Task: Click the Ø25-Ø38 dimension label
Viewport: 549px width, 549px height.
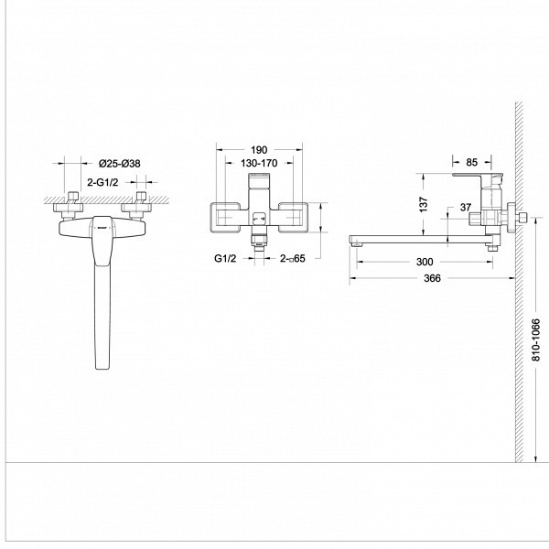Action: coord(119,164)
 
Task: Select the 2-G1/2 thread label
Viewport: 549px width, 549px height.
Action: coord(102,182)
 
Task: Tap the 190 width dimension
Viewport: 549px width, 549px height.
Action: coord(259,150)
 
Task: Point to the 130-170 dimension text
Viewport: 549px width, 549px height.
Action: coord(259,163)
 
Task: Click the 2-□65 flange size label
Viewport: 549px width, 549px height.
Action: coord(293,259)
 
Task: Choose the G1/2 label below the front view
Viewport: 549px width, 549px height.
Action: coord(225,259)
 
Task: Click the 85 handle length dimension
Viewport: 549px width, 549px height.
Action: coord(471,163)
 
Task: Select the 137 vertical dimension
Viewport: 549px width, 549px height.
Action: coord(424,204)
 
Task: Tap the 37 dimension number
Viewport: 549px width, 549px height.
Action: coord(466,208)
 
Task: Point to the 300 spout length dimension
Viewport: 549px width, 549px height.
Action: coord(425,262)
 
